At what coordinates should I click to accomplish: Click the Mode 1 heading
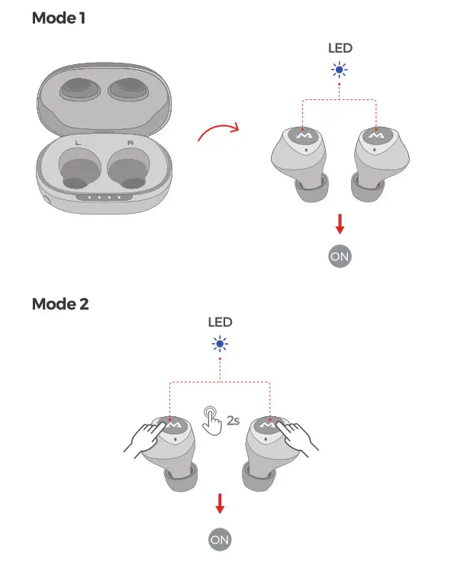pos(58,18)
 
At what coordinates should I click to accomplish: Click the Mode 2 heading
pos(60,304)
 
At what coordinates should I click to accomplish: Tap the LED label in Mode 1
pos(340,48)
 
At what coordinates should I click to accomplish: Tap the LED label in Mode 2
pos(220,323)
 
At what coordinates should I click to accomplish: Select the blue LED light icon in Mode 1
pos(339,70)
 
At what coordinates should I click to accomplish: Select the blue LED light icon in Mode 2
pos(220,343)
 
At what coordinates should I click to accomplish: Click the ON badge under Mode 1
pos(340,257)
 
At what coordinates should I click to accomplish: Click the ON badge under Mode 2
pos(220,539)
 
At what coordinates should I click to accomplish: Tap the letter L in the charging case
pos(76,142)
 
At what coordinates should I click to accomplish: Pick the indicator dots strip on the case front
pos(105,196)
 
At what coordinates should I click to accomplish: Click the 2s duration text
pos(233,419)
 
